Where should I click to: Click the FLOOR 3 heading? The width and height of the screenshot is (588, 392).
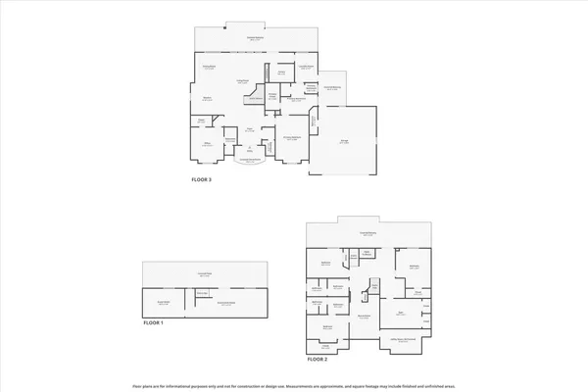point(201,179)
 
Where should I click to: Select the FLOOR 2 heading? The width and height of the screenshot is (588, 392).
point(316,360)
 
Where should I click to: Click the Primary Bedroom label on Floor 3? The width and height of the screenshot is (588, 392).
point(293,139)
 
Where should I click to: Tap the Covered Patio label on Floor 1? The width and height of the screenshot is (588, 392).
point(205,274)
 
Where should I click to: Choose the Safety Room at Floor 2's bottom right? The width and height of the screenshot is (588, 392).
point(398,340)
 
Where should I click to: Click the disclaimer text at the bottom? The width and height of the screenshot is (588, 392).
point(294,384)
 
